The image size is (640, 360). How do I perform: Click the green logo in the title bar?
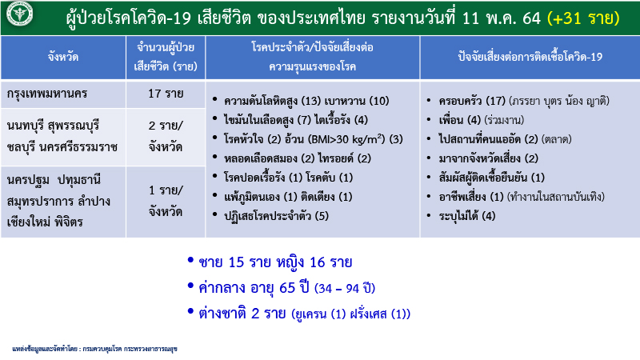19,14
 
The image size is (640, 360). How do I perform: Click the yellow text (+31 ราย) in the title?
583,18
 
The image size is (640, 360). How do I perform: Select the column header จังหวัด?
63,57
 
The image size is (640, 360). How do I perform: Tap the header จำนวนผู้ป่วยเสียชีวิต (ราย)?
166,57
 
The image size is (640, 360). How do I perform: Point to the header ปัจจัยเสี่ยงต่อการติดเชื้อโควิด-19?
530,57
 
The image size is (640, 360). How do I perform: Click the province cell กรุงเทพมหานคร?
47,94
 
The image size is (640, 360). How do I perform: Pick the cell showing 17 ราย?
166,94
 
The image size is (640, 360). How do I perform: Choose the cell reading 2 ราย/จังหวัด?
166,136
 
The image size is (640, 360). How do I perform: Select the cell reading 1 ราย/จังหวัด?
166,201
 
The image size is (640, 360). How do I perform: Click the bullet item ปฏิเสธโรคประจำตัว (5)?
276,216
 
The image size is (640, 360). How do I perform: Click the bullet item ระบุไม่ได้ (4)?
467,216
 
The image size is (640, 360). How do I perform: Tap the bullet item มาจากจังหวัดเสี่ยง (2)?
488,158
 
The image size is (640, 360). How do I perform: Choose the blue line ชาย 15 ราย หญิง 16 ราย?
275,262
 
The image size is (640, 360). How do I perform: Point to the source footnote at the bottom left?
94,349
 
